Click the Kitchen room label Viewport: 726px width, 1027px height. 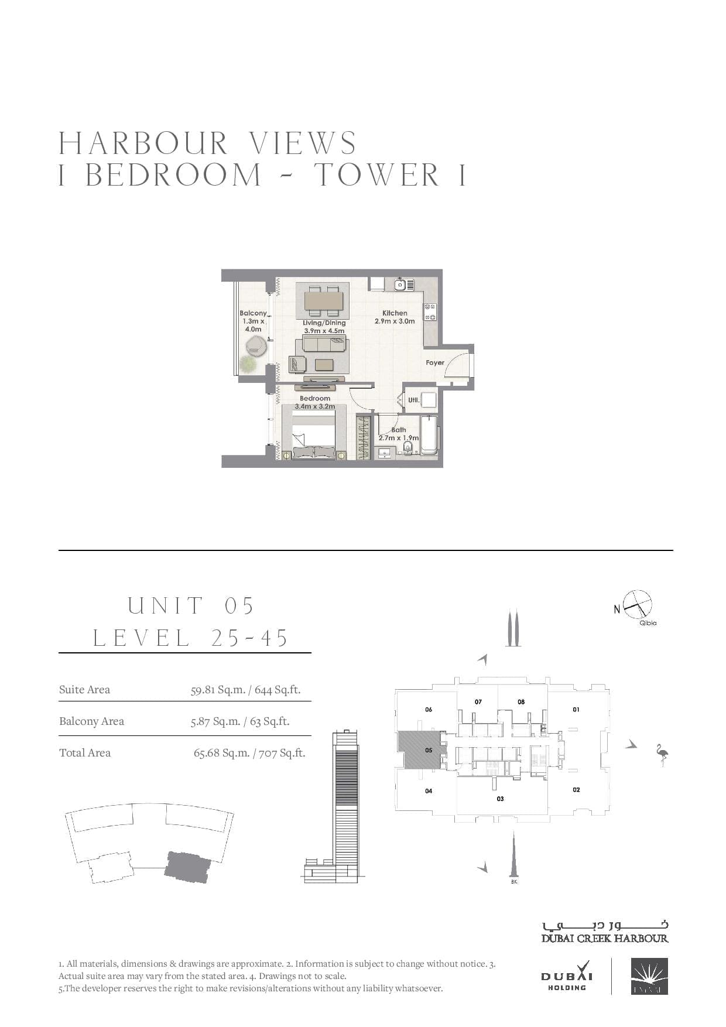click(395, 313)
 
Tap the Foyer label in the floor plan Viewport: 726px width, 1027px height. click(435, 363)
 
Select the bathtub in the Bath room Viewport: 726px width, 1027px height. click(429, 435)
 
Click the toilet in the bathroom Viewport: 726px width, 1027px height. click(408, 448)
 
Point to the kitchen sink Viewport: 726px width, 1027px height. click(401, 285)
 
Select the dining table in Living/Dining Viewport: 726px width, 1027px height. click(323, 300)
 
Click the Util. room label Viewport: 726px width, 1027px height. click(413, 400)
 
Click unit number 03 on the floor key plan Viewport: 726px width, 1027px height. click(500, 799)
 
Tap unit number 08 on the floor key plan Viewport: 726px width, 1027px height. click(521, 701)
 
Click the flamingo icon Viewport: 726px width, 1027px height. click(662, 755)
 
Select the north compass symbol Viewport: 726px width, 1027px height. click(637, 605)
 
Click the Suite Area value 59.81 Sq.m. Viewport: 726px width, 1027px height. click(218, 690)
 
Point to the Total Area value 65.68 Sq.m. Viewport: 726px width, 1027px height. click(221, 753)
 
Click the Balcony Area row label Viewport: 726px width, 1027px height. click(91, 721)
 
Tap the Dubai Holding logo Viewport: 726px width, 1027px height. click(567, 977)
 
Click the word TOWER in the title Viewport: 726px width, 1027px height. click(376, 175)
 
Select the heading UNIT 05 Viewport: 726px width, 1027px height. click(191, 605)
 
